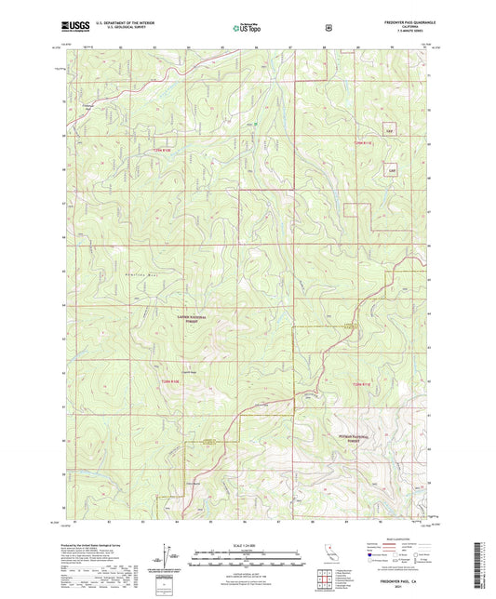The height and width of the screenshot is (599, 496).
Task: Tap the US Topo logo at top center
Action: coord(247,28)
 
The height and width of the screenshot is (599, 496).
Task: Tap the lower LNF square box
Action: coord(392,171)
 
